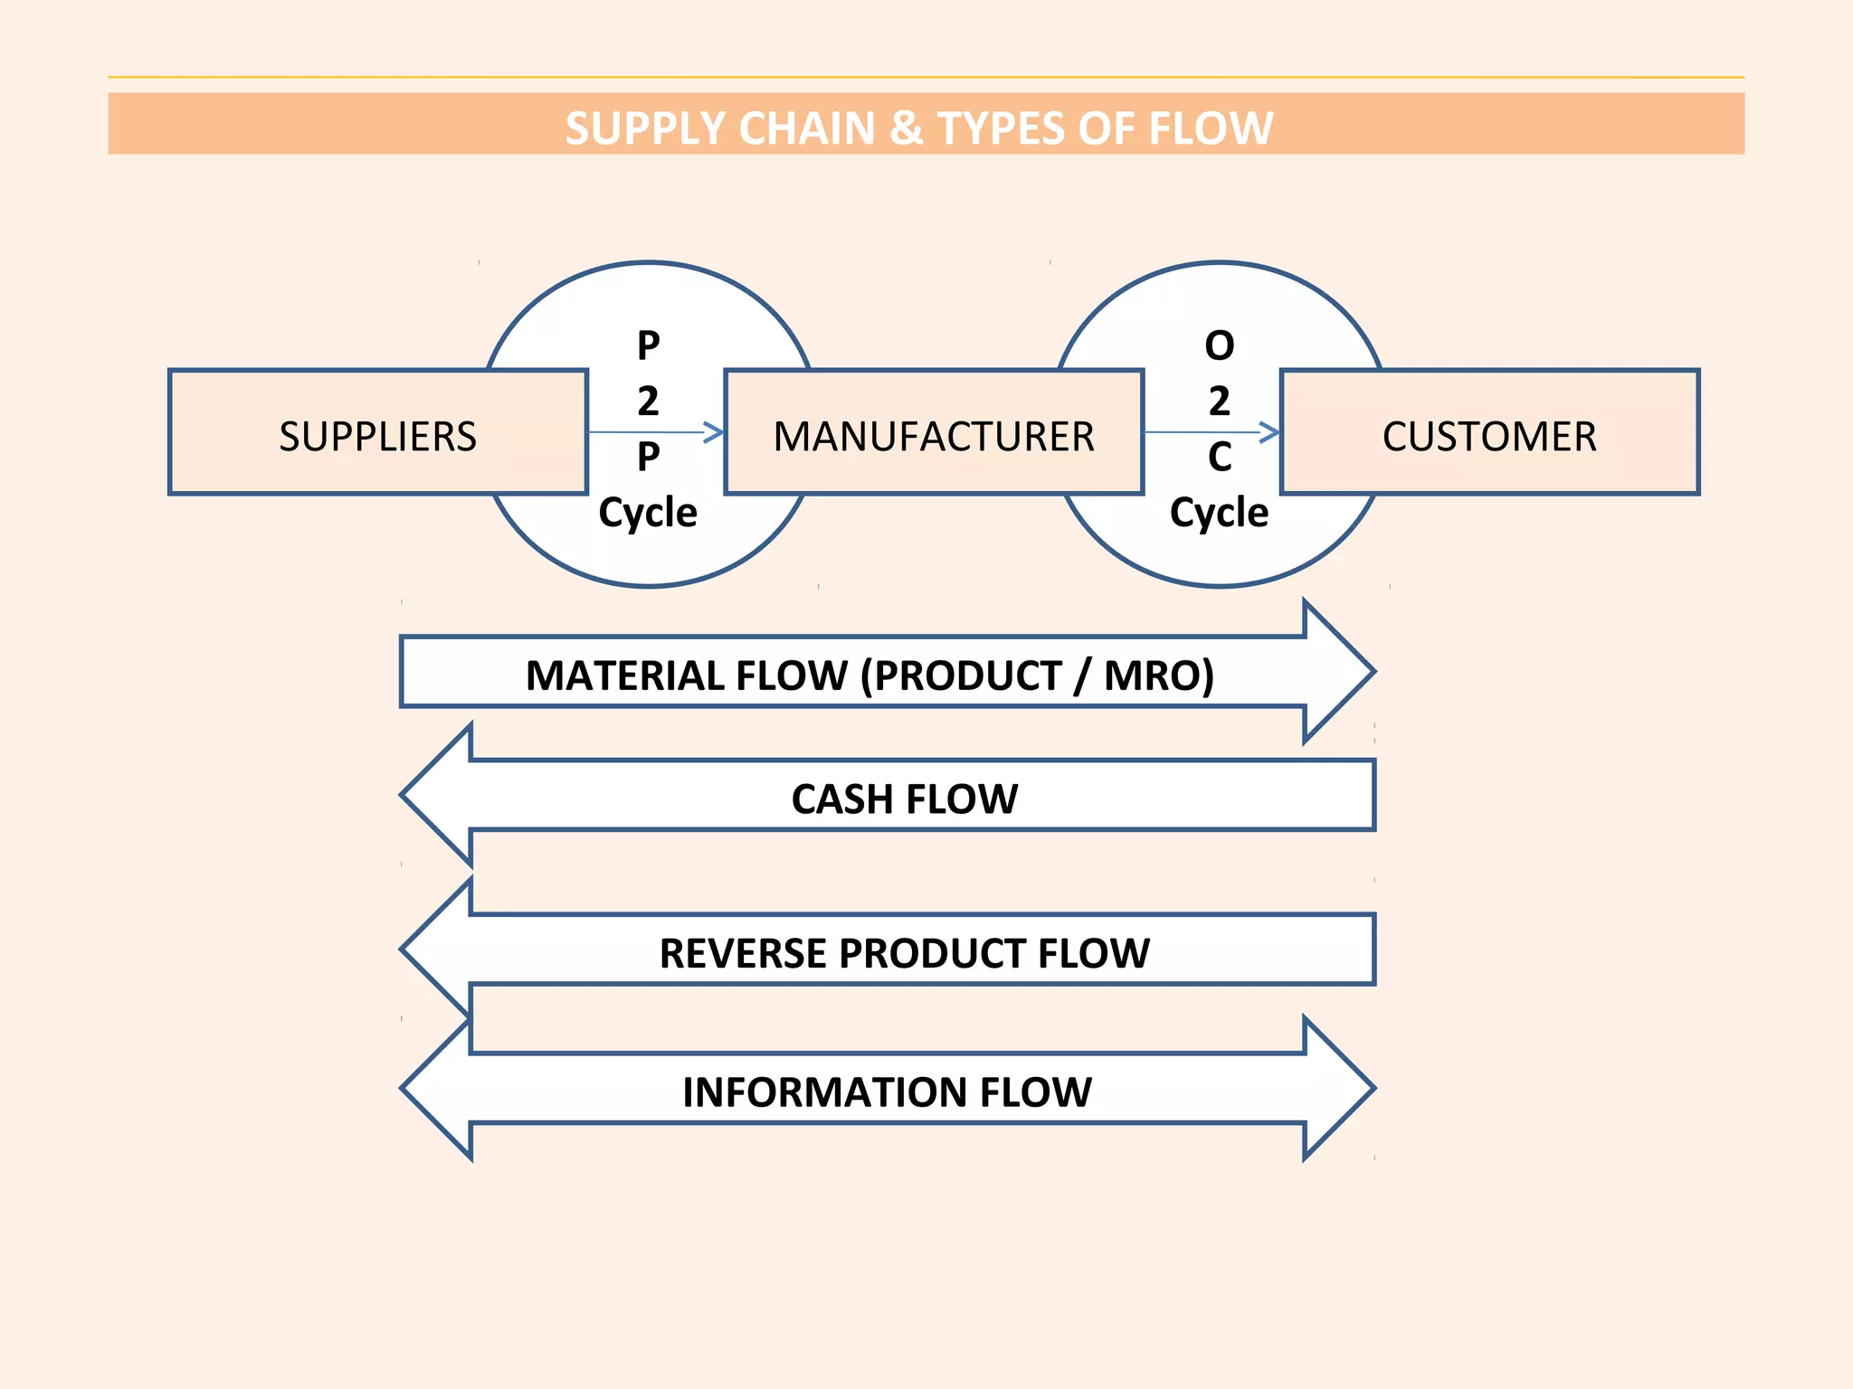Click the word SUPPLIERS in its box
coord(377,437)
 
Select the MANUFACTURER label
coord(934,437)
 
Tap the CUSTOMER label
coord(1489,437)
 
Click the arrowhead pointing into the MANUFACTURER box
coord(715,432)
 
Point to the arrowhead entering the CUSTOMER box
coord(1270,432)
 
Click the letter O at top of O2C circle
coord(1219,345)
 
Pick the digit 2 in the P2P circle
coord(648,401)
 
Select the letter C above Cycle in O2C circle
coord(1219,457)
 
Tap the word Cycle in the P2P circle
coord(648,513)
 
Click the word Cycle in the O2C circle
coord(1219,513)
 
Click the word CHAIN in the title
coord(806,128)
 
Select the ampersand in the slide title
coord(906,128)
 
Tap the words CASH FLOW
coord(904,798)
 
